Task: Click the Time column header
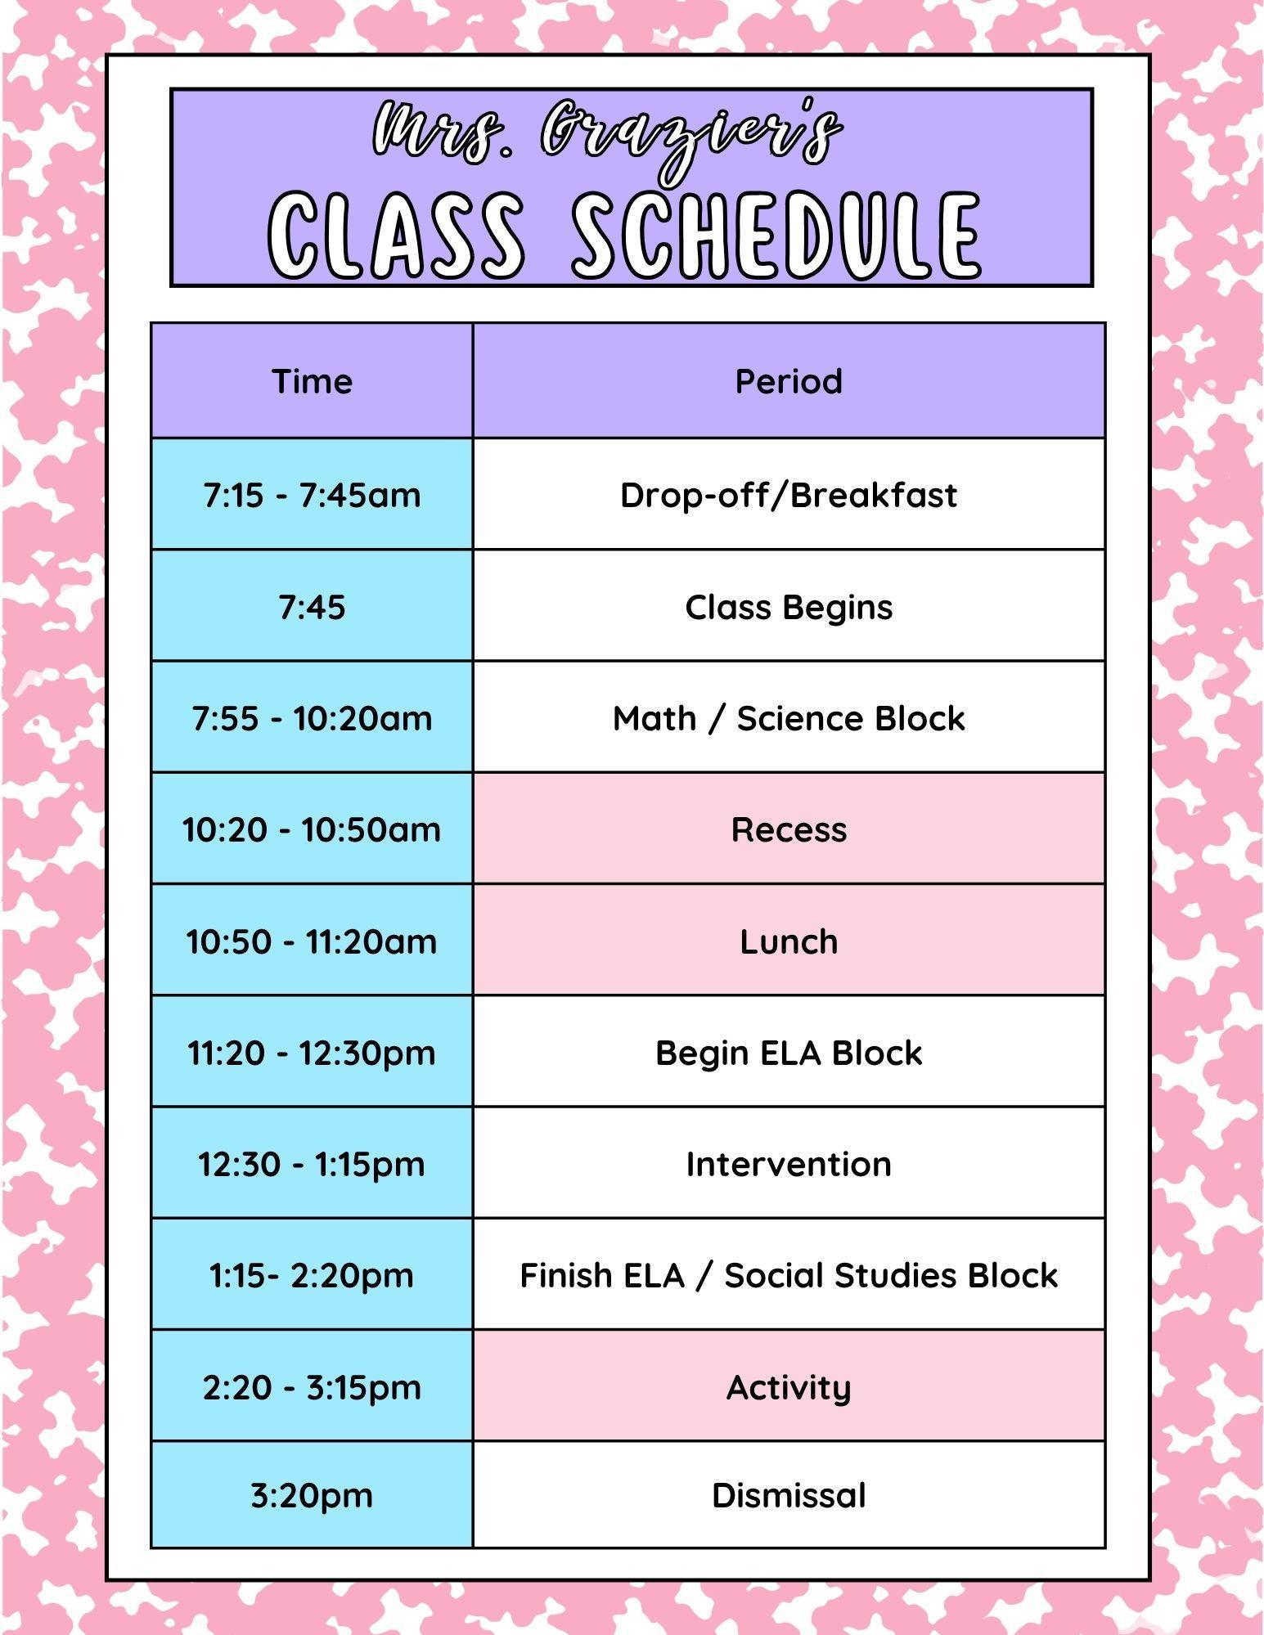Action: (x=312, y=381)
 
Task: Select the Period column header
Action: (x=789, y=381)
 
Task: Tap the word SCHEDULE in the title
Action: (x=776, y=236)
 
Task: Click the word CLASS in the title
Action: (x=397, y=236)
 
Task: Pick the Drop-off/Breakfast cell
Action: (x=789, y=494)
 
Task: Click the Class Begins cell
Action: (x=789, y=606)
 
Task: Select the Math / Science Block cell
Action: (x=789, y=717)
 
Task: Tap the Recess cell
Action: (x=789, y=829)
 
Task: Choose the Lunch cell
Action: (x=789, y=941)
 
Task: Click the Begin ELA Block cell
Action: (x=789, y=1052)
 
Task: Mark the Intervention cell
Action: (x=789, y=1163)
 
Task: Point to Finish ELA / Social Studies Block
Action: (x=789, y=1274)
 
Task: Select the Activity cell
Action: (x=789, y=1386)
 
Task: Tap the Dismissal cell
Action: (x=789, y=1495)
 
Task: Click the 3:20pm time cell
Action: (x=312, y=1495)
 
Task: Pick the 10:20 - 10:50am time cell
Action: (x=312, y=829)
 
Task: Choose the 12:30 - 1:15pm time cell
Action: (x=312, y=1163)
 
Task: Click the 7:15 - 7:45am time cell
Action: (x=312, y=494)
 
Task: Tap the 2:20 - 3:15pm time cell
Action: (x=312, y=1386)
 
